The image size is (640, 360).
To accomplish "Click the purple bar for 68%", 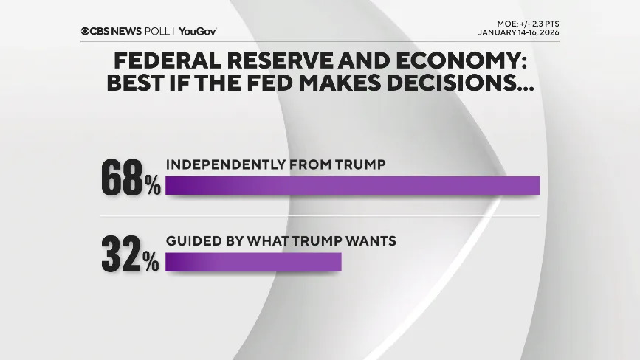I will (352, 185).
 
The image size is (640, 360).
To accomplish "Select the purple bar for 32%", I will (253, 262).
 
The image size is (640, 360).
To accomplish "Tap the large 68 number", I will (122, 180).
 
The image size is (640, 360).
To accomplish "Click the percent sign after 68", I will (152, 187).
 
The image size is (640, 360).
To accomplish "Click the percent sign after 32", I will (152, 263).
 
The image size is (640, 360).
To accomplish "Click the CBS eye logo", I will (86, 31).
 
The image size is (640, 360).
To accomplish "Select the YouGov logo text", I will (197, 31).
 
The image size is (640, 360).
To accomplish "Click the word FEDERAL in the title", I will (163, 60).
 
